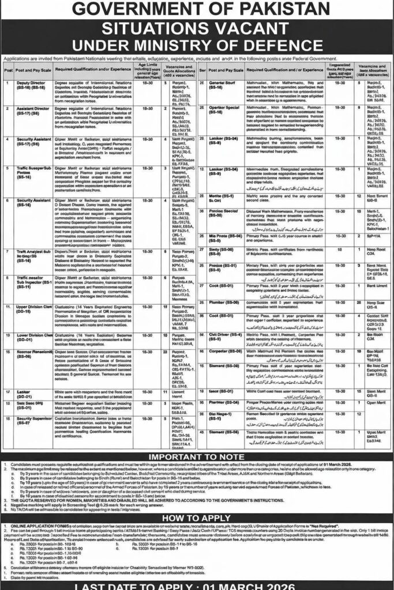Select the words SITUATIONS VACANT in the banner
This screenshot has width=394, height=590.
coord(197,31)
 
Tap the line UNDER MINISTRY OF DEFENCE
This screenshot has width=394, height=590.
coord(197,46)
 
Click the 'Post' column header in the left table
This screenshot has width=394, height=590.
coord(8,69)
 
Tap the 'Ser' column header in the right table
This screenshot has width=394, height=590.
coord(202,69)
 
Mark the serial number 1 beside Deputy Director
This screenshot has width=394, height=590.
coord(8,83)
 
